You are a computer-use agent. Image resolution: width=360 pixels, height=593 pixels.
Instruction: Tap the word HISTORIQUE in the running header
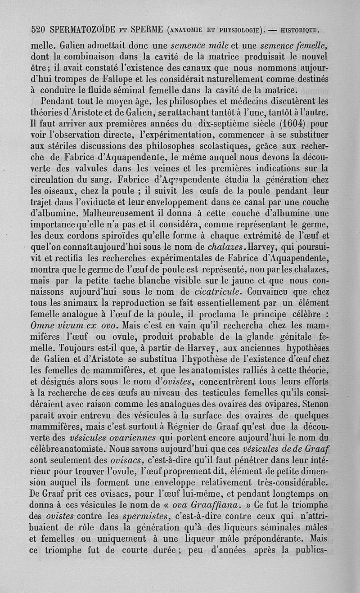click(x=300, y=31)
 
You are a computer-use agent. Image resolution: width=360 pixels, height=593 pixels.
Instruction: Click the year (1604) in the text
click(x=279, y=122)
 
